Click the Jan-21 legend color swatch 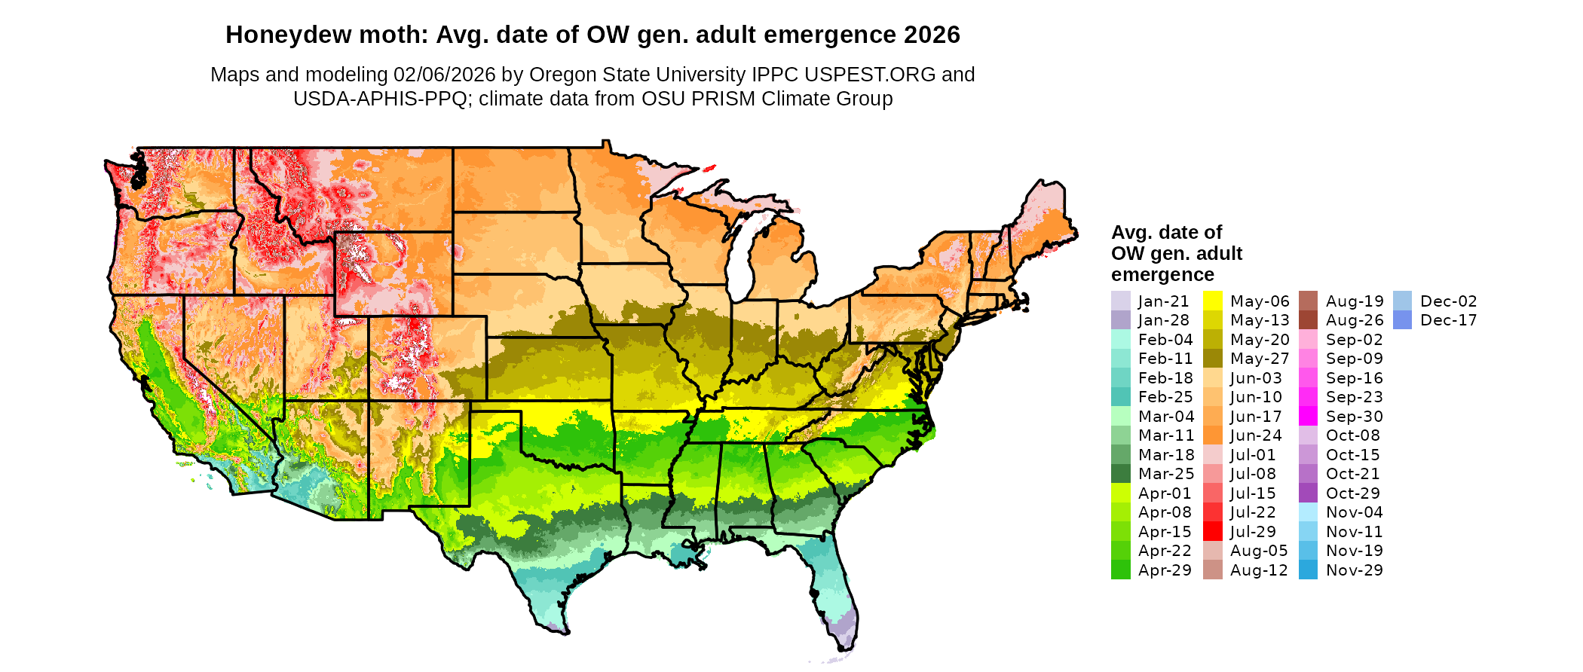tap(1120, 301)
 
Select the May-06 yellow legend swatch tap(1212, 301)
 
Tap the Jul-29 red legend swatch tap(1212, 531)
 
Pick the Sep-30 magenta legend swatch tap(1308, 416)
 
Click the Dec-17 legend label tap(1448, 320)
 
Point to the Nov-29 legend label tap(1354, 570)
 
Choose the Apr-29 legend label tap(1165, 570)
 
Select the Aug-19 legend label tap(1354, 301)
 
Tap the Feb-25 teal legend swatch tap(1120, 396)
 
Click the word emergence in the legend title tap(1162, 275)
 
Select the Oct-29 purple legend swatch tap(1308, 493)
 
